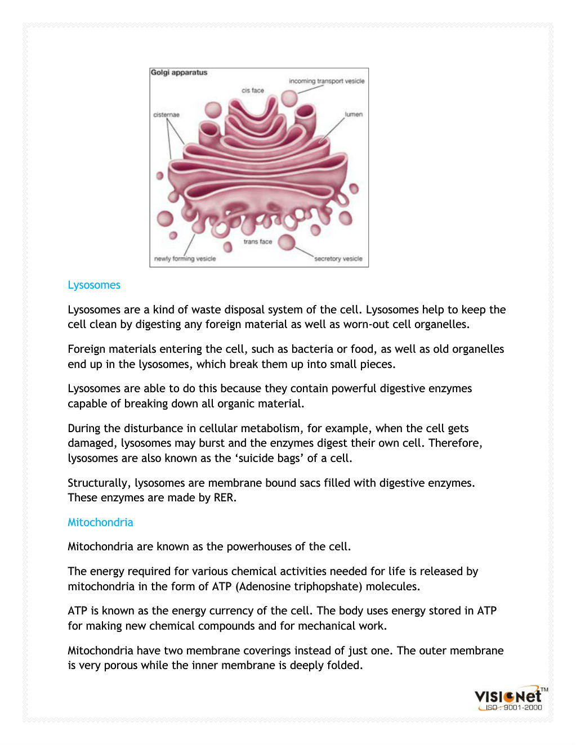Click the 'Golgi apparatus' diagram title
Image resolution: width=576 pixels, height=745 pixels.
[x=179, y=73]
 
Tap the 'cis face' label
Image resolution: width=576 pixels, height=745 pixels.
[x=253, y=91]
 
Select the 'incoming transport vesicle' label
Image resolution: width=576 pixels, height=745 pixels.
[x=327, y=81]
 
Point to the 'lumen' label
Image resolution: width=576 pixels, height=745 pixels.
[x=354, y=114]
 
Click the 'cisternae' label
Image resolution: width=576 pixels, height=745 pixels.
[x=166, y=115]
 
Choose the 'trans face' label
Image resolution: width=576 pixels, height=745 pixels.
[x=257, y=242]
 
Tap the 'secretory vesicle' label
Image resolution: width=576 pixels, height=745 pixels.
[x=338, y=259]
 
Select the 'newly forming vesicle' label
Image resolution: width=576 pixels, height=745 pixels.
[x=185, y=259]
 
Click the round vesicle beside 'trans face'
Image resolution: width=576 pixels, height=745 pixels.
[x=287, y=242]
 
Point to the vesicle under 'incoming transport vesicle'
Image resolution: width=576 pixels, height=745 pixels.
[x=289, y=98]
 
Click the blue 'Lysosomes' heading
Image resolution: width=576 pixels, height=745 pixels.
[x=94, y=285]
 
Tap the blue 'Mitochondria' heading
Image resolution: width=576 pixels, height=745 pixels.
[x=100, y=522]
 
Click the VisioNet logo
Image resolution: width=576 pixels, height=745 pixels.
[x=508, y=696]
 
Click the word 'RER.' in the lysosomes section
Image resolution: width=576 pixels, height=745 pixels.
[x=225, y=498]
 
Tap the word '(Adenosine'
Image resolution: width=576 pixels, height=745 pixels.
[x=263, y=586]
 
